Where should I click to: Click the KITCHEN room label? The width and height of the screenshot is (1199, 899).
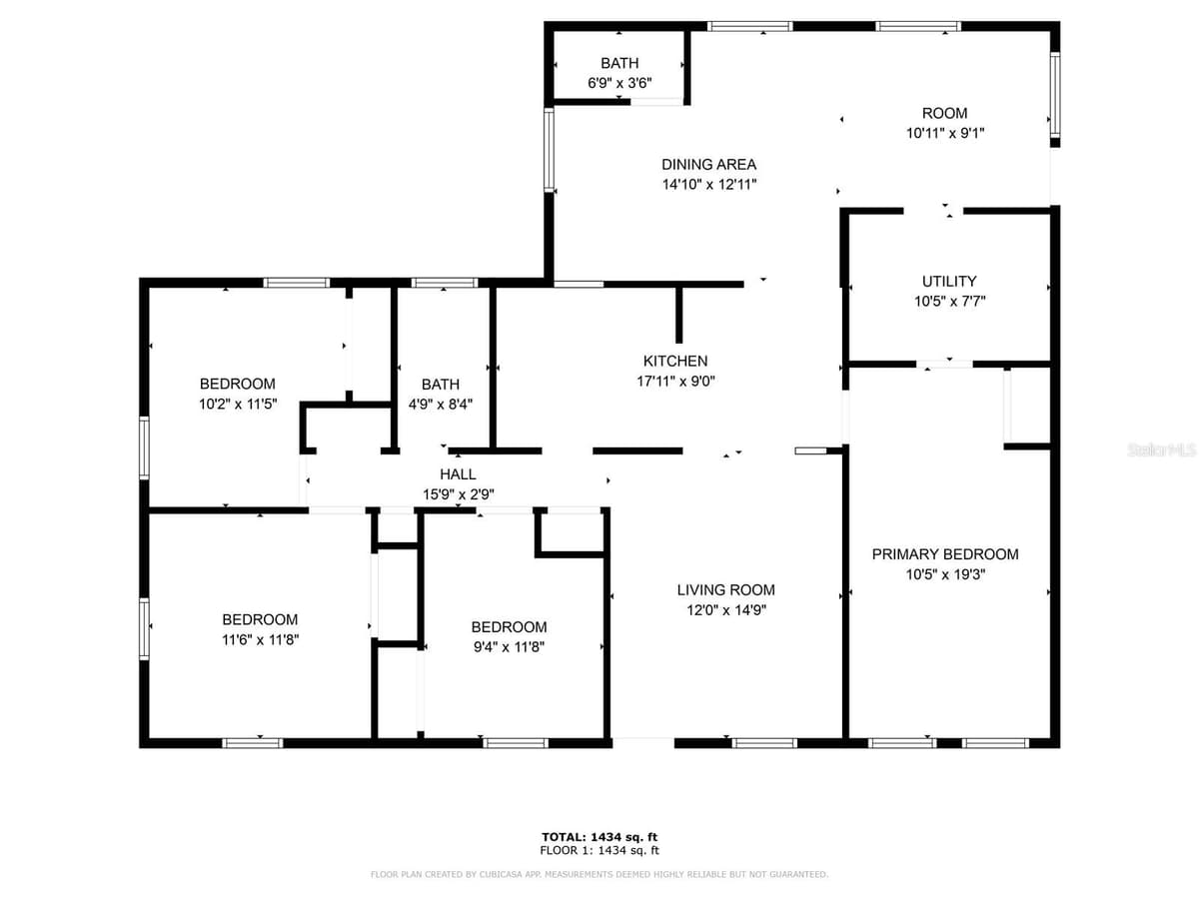675,361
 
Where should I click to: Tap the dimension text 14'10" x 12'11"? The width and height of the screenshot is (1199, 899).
709,185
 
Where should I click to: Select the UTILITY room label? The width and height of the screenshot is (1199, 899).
949,281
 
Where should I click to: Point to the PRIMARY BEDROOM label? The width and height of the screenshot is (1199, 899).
945,554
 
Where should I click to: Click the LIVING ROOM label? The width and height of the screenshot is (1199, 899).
726,589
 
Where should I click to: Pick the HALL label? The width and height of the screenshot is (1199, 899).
458,473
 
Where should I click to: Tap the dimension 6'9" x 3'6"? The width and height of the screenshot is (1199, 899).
619,83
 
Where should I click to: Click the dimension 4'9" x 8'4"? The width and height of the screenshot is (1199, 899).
441,404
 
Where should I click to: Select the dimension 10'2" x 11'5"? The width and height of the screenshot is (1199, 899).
238,404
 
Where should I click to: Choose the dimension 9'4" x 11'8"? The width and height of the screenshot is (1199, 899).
509,647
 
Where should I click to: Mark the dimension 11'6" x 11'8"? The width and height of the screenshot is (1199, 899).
260,639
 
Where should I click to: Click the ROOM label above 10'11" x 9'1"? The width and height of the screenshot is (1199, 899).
944,113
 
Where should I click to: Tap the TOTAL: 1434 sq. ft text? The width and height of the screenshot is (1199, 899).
599,837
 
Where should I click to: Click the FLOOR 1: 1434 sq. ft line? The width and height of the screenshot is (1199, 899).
599,850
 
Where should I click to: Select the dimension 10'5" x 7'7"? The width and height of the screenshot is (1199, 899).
950,301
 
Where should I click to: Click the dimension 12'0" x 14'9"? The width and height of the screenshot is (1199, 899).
726,609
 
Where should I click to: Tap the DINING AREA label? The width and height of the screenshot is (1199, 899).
709,164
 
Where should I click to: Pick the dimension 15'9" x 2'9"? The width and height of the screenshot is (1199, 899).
459,494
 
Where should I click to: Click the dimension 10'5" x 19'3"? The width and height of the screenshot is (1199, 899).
945,574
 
